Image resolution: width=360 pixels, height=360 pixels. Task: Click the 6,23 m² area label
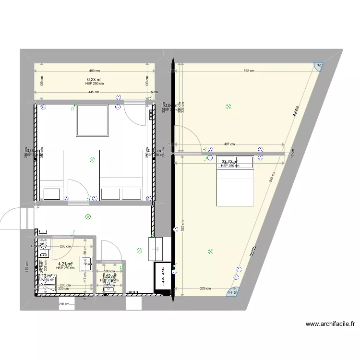94,80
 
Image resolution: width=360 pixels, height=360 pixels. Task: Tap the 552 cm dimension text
248,71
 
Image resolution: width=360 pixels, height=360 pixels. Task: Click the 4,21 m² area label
65,264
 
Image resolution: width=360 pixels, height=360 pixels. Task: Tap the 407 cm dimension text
229,144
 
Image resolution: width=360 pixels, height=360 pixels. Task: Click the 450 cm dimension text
94,71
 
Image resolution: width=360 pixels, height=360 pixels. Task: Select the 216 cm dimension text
63,304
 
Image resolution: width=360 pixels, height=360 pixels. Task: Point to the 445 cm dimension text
94,92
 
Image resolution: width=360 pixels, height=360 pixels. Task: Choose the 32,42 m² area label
230,161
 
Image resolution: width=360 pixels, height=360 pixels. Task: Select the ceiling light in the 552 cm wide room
228,108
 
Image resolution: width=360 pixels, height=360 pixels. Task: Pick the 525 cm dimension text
183,226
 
